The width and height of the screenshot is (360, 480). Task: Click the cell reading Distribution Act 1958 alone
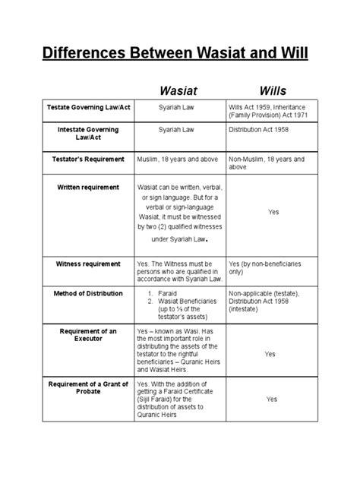coord(261,130)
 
